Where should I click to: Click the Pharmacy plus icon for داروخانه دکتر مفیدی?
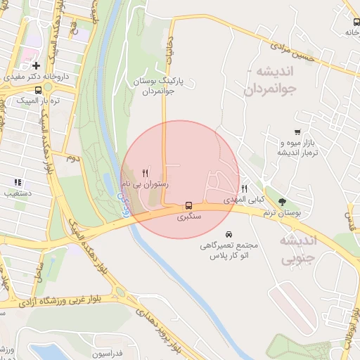pos(36,65)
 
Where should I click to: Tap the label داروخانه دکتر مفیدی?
pos(36,76)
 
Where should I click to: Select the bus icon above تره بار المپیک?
pos(37,89)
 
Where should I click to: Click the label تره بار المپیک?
pos(38,100)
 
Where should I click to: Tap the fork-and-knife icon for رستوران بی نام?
pos(145,173)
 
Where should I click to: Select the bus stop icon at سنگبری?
pos(188,206)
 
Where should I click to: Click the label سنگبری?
pos(188,217)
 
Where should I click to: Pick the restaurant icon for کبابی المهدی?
pos(244,188)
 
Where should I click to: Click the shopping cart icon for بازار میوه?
pos(298,131)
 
